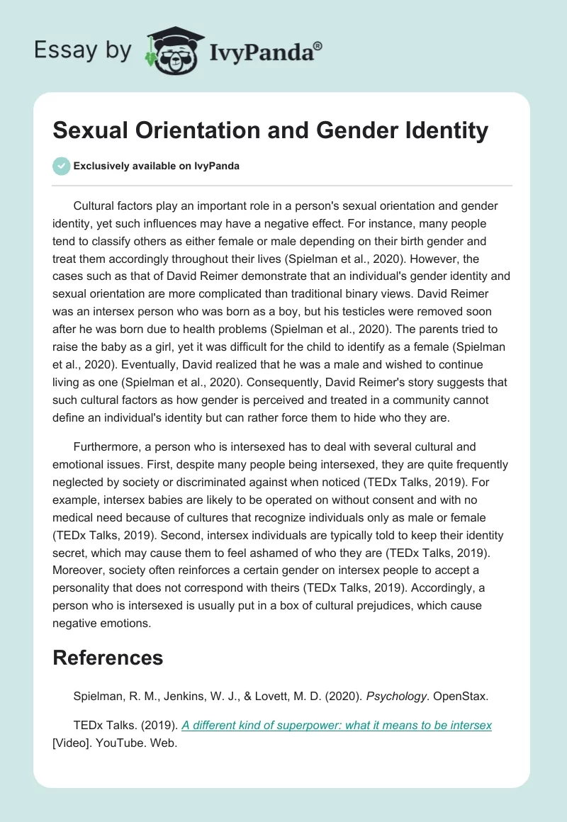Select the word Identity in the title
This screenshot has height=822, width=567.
point(443,131)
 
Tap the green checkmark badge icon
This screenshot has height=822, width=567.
point(61,166)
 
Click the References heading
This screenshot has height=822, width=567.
point(108,657)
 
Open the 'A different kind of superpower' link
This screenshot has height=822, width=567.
point(337,725)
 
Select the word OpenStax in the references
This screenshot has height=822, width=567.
point(461,696)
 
